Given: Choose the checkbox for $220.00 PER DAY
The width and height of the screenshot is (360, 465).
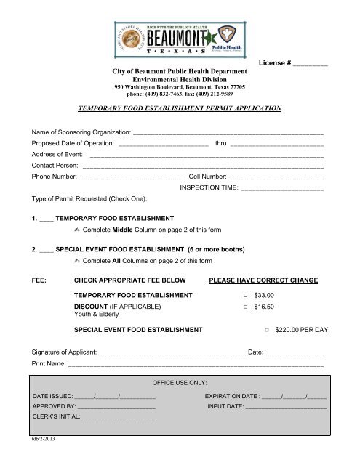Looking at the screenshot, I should click(267, 331).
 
